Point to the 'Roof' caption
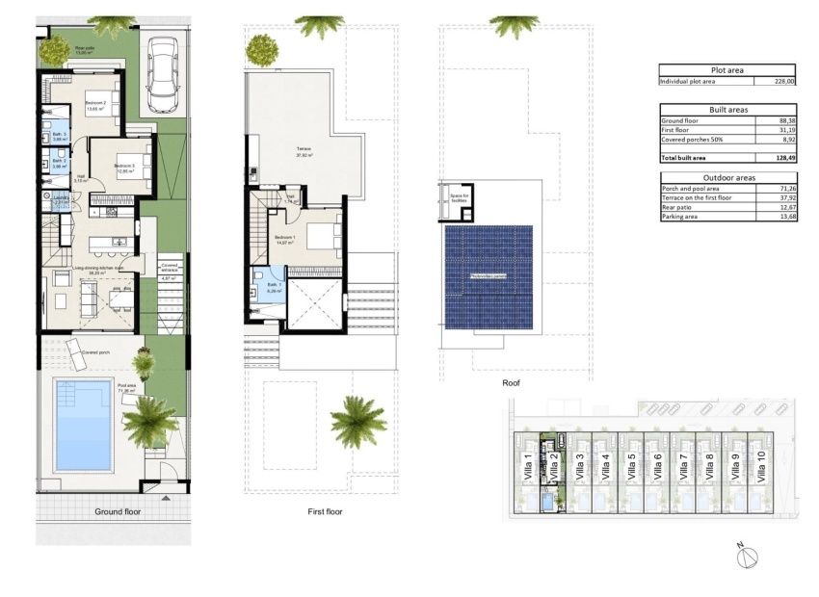[x=512, y=383]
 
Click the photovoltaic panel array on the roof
[x=489, y=276]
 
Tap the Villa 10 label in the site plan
[x=760, y=467]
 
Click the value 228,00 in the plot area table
[x=785, y=82]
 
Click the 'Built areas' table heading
[x=728, y=111]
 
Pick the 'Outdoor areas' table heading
[x=728, y=177]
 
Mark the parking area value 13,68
[x=785, y=217]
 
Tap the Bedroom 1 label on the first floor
[x=284, y=236]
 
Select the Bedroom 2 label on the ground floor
[x=95, y=104]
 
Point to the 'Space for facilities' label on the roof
[x=459, y=197]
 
